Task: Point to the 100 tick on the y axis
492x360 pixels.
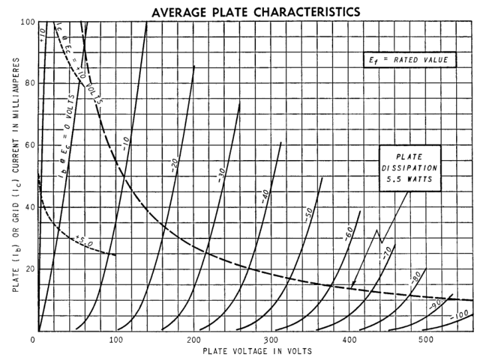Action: click(x=28, y=22)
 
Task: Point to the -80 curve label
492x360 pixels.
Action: click(x=416, y=278)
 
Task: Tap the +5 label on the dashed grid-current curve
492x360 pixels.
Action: click(x=81, y=238)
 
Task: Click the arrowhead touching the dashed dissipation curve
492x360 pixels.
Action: click(x=353, y=286)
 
